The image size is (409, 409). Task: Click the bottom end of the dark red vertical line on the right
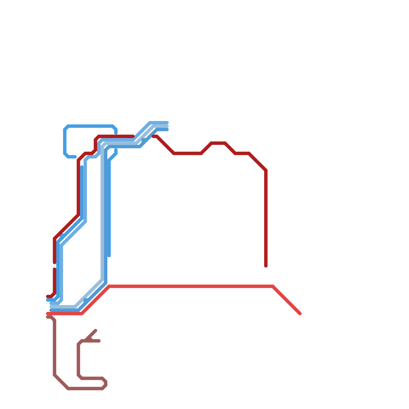(266, 266)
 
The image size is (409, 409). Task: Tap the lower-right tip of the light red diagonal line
(300, 313)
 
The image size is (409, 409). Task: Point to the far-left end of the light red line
(47, 314)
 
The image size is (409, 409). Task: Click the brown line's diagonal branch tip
(96, 330)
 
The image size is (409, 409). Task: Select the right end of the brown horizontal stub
(99, 341)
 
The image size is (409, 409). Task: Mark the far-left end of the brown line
(47, 317)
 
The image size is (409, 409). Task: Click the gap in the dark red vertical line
(54, 266)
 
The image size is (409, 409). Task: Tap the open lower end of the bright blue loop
(75, 157)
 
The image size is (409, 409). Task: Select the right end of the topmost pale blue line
(167, 122)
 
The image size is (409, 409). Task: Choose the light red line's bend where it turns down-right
(273, 286)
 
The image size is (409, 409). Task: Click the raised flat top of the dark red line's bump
(218, 143)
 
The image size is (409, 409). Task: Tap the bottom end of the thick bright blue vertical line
(109, 256)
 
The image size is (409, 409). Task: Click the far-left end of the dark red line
(47, 297)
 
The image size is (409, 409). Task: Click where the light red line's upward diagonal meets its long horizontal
(109, 286)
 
